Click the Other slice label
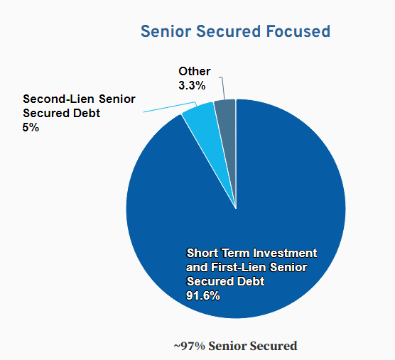click(195, 72)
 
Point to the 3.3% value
click(192, 85)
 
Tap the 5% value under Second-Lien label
click(31, 128)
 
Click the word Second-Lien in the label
click(55, 99)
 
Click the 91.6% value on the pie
click(203, 295)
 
